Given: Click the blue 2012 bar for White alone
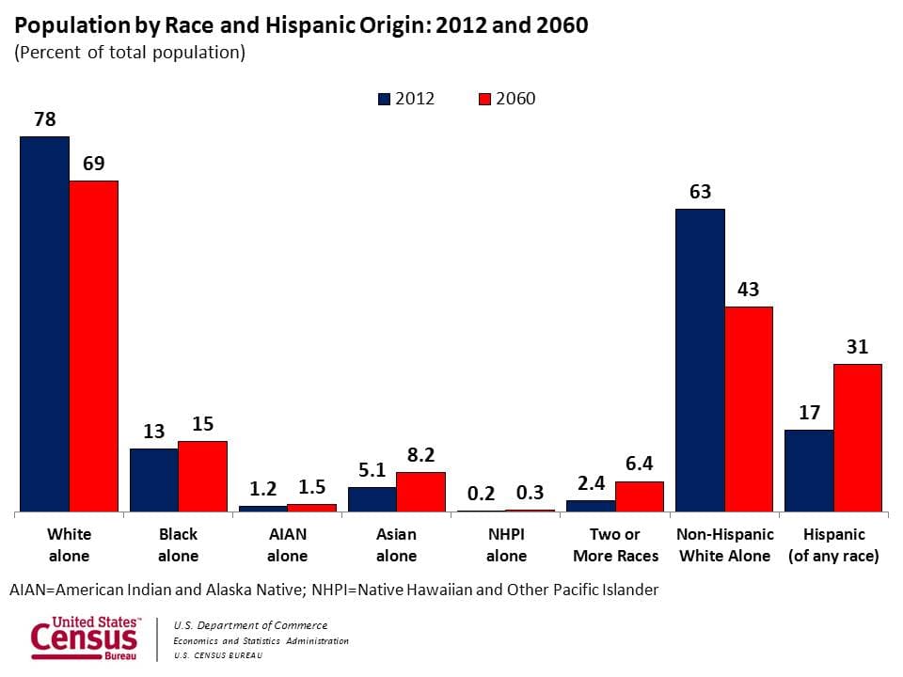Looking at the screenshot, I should pos(45,324).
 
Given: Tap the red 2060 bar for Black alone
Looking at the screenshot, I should pos(203,477).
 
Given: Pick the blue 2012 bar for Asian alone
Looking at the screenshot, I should pos(372,499).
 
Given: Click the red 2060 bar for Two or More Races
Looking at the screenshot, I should pos(640,496).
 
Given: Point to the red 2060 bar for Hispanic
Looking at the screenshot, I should pos(858,438).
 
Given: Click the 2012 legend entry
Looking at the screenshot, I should pos(406,99).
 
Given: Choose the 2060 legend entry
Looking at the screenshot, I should pos(508,99).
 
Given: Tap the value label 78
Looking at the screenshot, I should pos(45,119).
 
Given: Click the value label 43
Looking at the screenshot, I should pos(748,290).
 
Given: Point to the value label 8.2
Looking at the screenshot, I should pos(420,455).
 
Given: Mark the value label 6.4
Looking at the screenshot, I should pos(639,464).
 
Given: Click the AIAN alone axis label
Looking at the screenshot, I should pos(287,544).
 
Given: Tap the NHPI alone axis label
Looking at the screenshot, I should pos(506,544).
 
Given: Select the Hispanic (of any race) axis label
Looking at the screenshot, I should pos(833,544).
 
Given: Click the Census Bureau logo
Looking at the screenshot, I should pos(85,638).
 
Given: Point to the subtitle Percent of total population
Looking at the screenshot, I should pos(130,53).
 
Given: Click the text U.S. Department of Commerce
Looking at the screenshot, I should pos(250,625).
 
